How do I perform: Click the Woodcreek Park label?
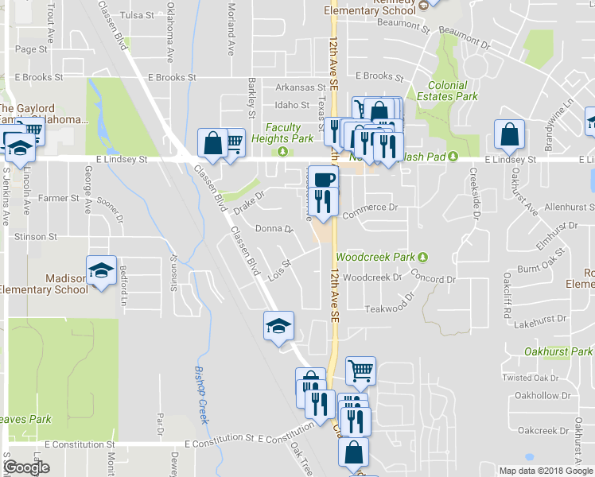tap(376, 257)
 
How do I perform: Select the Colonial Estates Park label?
tap(452, 91)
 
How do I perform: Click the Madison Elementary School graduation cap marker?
tap(102, 271)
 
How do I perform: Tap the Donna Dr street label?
tap(274, 229)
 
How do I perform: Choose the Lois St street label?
tap(282, 262)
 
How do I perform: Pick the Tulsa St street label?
tap(137, 15)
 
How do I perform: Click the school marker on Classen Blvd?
tap(279, 326)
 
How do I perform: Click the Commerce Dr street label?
tap(369, 207)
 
